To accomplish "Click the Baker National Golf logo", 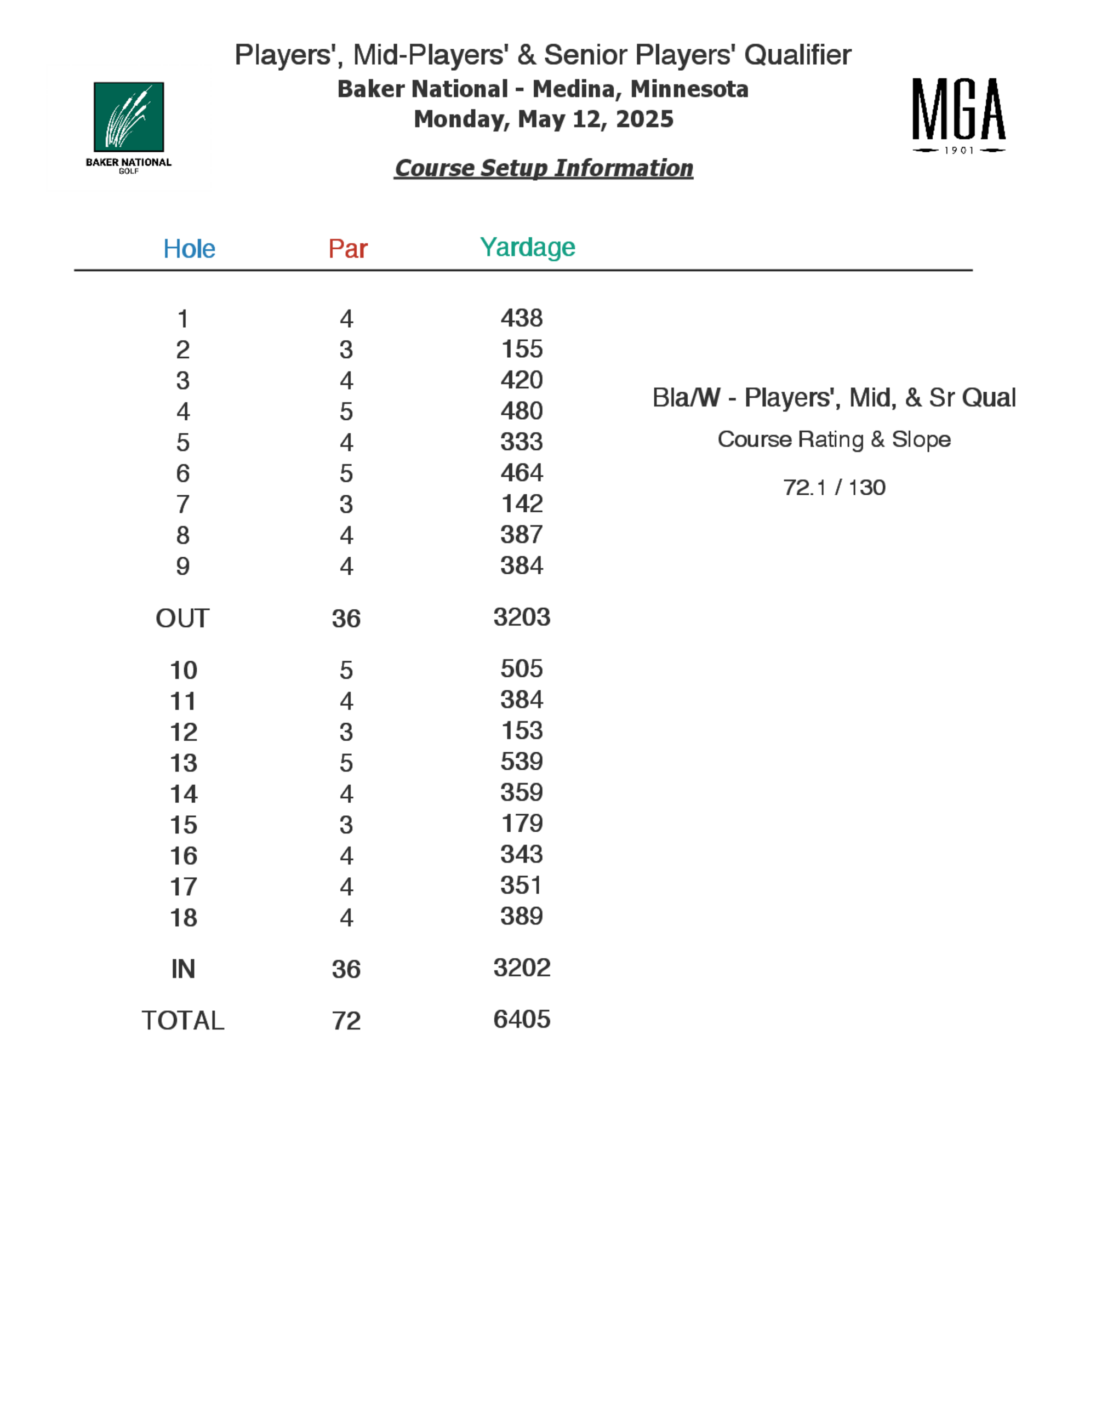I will [129, 126].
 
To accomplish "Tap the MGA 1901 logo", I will [958, 116].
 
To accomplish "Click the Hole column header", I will [189, 249].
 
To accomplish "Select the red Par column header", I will [347, 249].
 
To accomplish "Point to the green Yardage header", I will [527, 247].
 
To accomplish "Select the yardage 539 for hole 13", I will [521, 761].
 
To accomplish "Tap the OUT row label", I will [182, 618].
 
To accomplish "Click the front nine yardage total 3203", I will [521, 617].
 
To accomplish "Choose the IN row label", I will [183, 969].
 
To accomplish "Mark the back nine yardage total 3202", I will [521, 968].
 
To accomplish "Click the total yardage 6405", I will [521, 1019].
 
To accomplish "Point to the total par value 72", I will [346, 1021].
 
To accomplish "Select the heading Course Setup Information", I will [544, 168].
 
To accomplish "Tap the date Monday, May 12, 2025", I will [544, 119].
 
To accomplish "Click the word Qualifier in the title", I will [797, 55].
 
